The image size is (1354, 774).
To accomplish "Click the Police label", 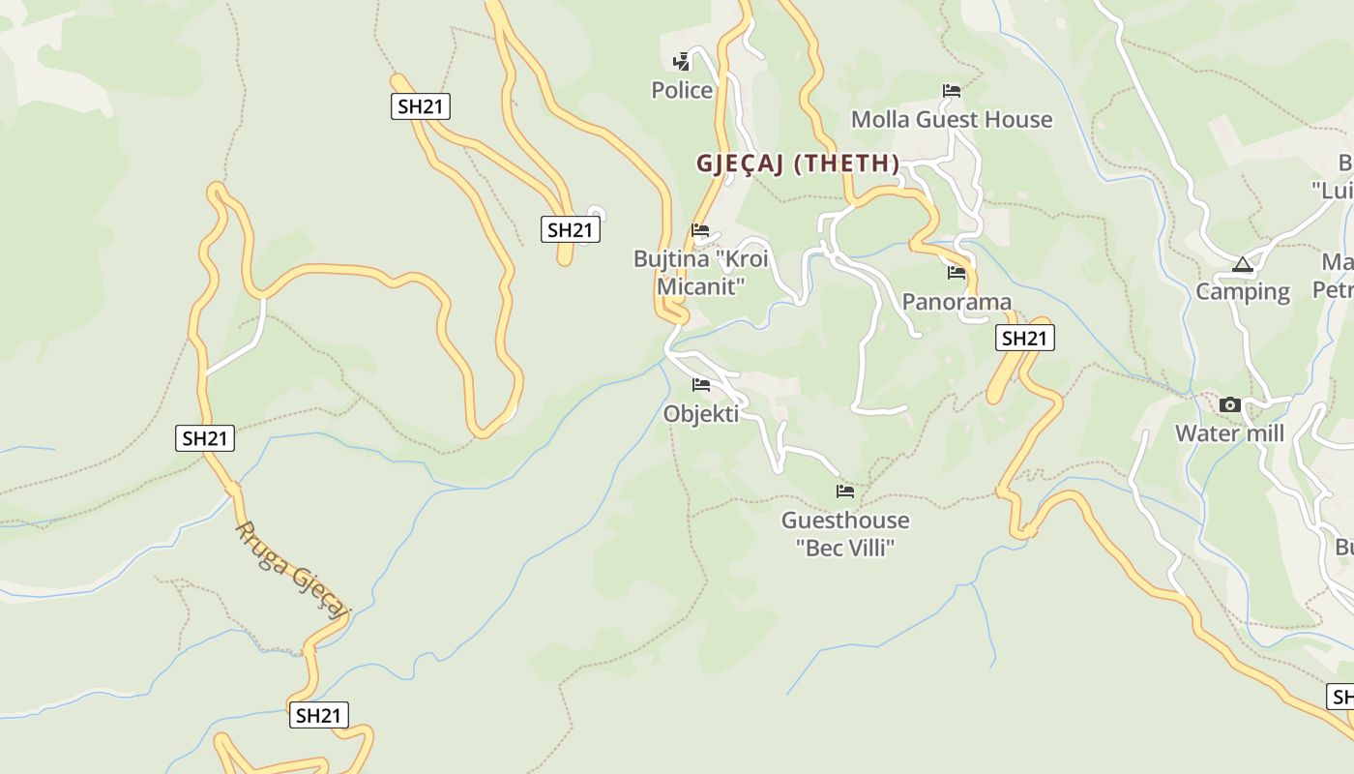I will click(x=682, y=90).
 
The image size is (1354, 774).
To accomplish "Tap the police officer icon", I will click(x=682, y=62).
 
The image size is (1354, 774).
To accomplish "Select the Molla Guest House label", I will click(x=952, y=119).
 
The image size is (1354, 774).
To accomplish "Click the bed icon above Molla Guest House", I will click(x=952, y=91).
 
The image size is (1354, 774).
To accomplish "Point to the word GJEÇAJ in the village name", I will click(x=740, y=164).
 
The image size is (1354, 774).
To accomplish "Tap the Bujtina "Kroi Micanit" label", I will click(x=701, y=272).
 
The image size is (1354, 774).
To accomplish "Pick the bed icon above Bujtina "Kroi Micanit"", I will click(x=700, y=230).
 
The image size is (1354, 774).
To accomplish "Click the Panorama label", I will click(x=957, y=302).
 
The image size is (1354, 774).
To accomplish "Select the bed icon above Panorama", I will click(x=957, y=273).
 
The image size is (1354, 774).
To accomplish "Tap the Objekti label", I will click(x=701, y=414).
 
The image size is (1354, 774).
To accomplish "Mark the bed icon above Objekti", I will click(x=701, y=385).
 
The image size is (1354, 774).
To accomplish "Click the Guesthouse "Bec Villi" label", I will click(x=845, y=533).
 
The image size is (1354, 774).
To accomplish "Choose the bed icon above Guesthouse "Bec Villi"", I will click(x=845, y=491).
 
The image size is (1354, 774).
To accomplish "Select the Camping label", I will click(x=1243, y=291).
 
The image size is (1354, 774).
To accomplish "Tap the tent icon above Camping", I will click(x=1243, y=264).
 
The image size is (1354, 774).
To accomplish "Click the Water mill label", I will click(x=1230, y=433).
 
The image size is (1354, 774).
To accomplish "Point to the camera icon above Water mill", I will click(x=1230, y=404).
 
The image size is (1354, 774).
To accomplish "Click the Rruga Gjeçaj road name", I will click(x=291, y=570).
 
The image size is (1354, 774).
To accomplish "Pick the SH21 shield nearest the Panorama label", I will click(x=1024, y=338).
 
